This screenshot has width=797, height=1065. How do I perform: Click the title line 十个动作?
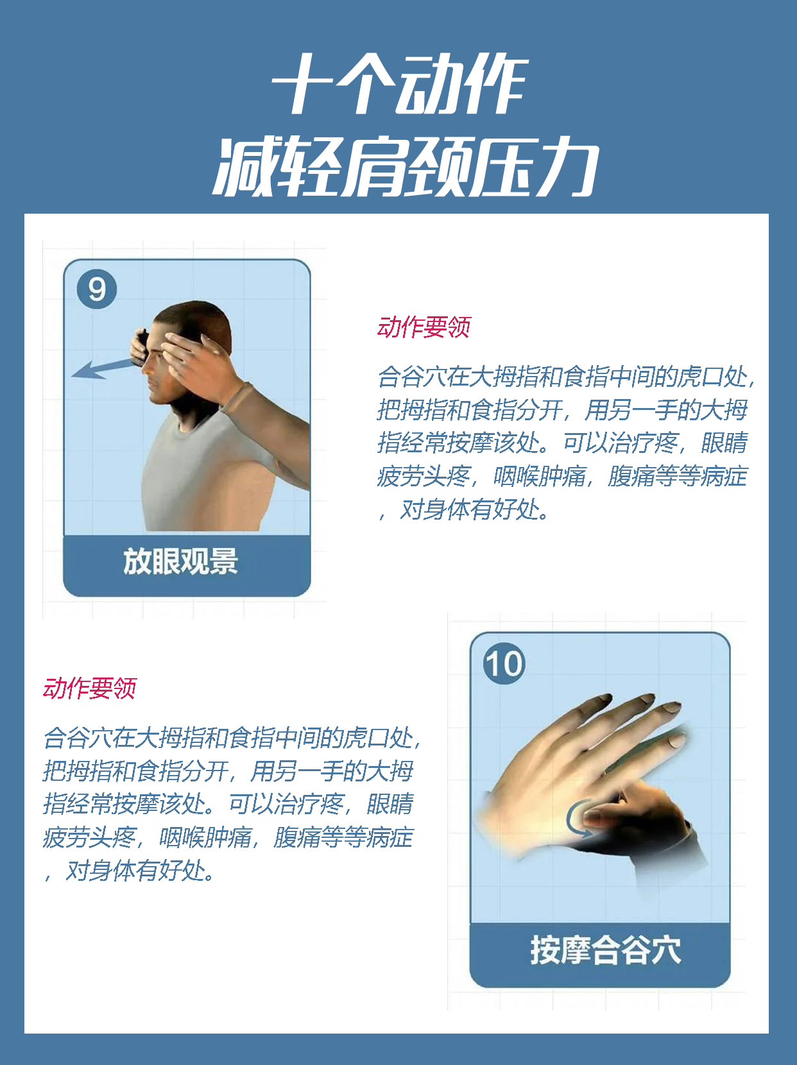(399, 85)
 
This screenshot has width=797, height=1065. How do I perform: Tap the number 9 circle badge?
(97, 289)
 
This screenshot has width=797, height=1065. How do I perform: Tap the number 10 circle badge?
(504, 663)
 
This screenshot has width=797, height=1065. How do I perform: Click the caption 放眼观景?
(181, 561)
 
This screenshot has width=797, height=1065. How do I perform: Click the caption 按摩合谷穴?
(605, 950)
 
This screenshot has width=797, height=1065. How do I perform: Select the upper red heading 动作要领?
(424, 327)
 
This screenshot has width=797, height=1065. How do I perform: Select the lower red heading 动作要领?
(90, 688)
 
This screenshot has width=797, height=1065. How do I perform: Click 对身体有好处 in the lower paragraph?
(139, 871)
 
